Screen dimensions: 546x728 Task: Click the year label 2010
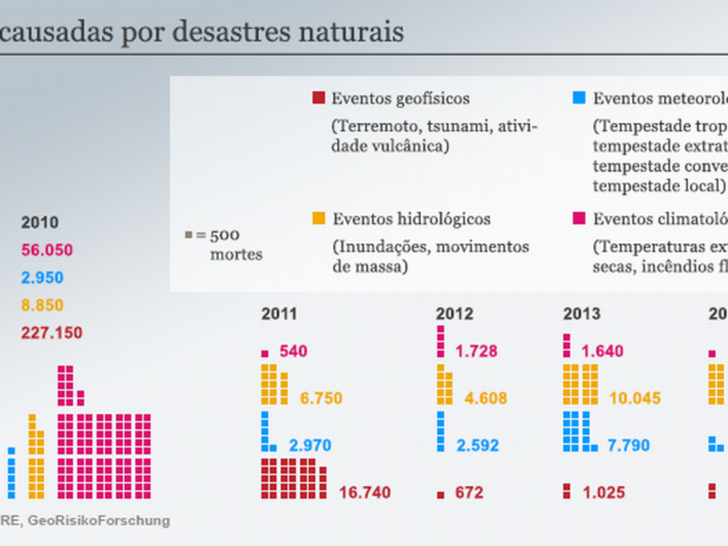40,223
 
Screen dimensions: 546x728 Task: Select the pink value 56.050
47,250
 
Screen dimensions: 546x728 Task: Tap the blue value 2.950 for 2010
42,278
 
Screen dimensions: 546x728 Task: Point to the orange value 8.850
42,305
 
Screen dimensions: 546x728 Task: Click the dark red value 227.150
52,333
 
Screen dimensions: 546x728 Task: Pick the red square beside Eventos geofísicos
318,98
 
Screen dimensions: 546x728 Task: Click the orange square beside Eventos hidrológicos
318,218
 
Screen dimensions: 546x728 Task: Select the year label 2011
279,314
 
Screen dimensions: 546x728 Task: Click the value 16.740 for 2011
364,493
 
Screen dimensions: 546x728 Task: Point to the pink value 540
293,351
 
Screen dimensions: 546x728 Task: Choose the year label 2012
454,314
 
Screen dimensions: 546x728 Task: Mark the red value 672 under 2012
469,493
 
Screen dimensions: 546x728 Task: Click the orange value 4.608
485,399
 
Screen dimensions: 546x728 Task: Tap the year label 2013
582,314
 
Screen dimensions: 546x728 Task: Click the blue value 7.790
629,446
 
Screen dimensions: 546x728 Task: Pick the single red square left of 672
440,494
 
